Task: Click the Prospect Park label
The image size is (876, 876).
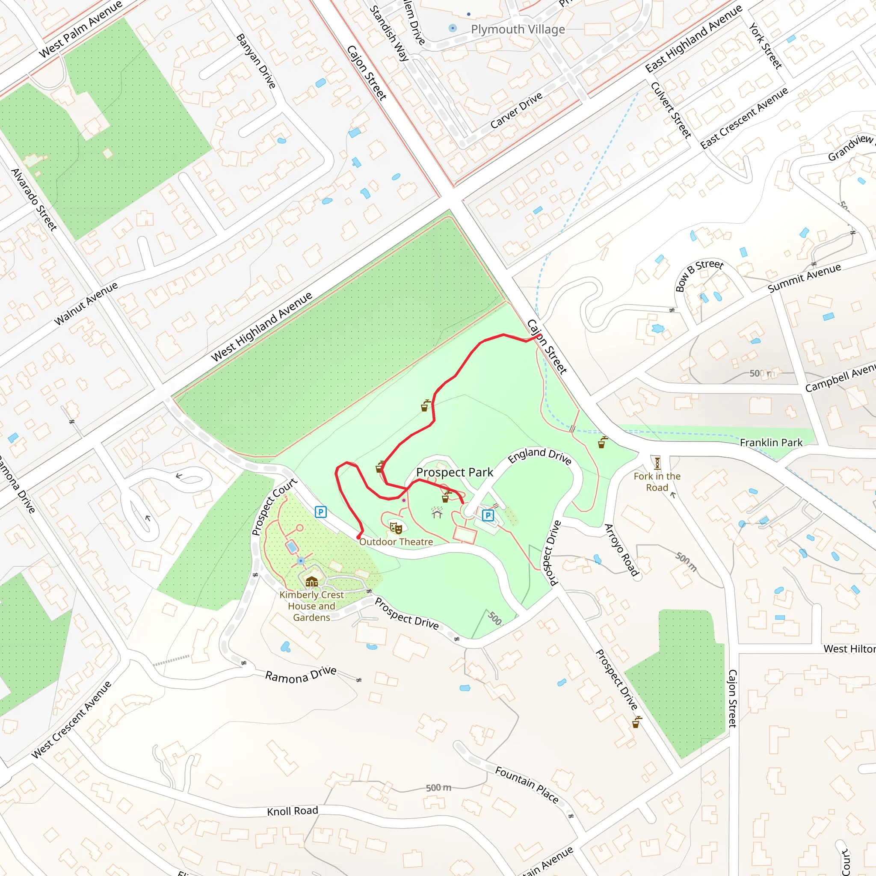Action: click(454, 473)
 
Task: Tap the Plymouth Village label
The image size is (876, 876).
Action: click(518, 30)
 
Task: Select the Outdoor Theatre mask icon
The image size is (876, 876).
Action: click(396, 528)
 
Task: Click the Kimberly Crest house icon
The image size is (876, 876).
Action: click(311, 581)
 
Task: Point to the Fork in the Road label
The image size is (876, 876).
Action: click(657, 482)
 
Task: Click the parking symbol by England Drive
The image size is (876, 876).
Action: click(488, 515)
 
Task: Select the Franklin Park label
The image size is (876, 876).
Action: click(771, 443)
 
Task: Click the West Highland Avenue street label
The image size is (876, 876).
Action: click(262, 326)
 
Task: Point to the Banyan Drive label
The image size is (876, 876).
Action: click(256, 61)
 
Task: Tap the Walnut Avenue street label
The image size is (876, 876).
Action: click(86, 303)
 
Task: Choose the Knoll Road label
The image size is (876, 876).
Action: click(293, 811)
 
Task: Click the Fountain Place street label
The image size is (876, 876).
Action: click(527, 785)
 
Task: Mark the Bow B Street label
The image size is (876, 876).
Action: click(699, 275)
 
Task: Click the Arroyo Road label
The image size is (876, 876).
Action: click(621, 550)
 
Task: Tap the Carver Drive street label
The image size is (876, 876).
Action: click(516, 111)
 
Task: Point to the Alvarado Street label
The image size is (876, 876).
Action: click(34, 199)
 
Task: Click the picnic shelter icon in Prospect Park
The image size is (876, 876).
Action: click(437, 513)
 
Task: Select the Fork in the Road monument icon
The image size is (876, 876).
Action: click(657, 463)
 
